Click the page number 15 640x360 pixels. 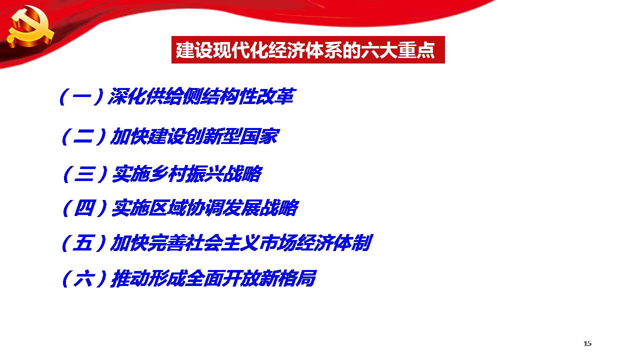point(587,343)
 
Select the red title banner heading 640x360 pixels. point(308,49)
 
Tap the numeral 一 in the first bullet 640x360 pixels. point(81,96)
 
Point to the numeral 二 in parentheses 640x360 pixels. point(83,136)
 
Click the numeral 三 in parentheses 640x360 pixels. point(84,173)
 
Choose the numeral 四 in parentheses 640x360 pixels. point(84,207)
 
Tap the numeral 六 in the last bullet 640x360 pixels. point(83,278)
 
